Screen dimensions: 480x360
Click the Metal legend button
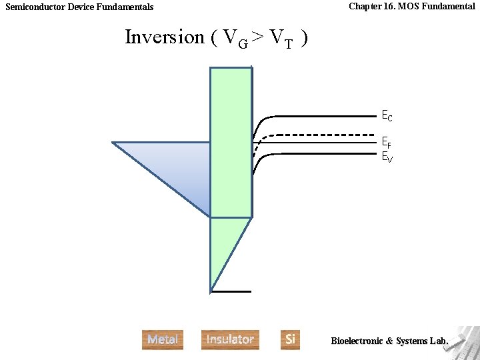tap(162, 339)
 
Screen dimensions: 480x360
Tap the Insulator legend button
tap(230, 339)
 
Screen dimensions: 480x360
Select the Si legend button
tap(290, 339)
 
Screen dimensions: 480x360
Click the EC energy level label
tap(387, 117)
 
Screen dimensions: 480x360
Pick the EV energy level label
tap(387, 157)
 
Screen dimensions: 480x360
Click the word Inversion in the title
tap(165, 37)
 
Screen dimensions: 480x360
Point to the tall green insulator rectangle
tap(231, 140)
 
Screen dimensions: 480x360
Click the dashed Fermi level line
tap(320, 135)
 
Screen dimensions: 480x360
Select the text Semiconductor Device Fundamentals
tap(79, 7)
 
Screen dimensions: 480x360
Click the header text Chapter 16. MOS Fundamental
tap(411, 6)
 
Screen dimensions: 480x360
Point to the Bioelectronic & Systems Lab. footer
tap(389, 341)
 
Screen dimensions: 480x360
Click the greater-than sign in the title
tap(258, 37)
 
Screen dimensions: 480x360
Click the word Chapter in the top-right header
tap(365, 6)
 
